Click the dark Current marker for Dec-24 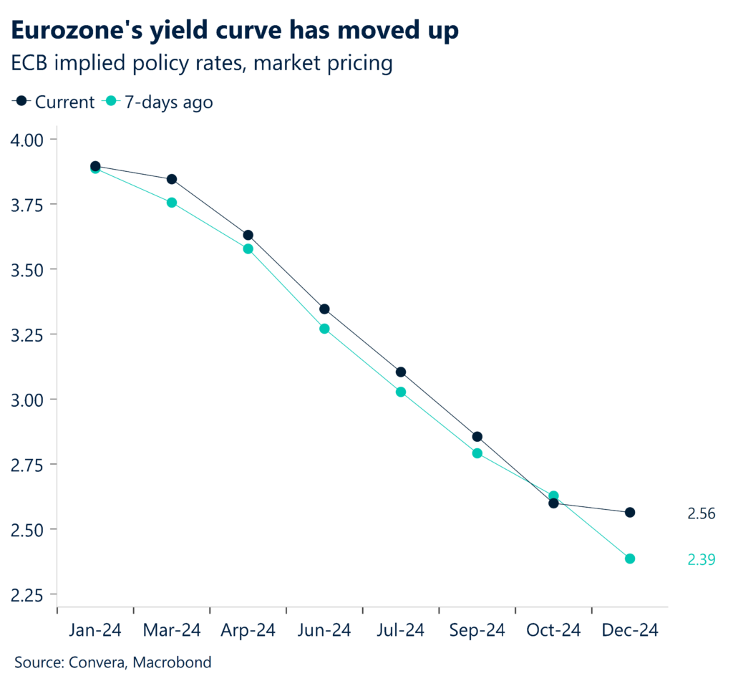(x=630, y=513)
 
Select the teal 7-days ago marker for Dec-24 (x=630, y=559)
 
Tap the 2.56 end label (x=701, y=513)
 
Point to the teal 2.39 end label (x=701, y=559)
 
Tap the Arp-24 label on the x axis (x=248, y=630)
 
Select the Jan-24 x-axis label (x=95, y=630)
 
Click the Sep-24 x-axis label (x=477, y=630)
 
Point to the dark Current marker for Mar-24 (x=172, y=179)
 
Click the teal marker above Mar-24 (x=172, y=203)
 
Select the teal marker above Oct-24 (x=553, y=496)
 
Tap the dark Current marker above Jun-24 (x=324, y=309)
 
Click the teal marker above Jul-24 (x=401, y=392)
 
